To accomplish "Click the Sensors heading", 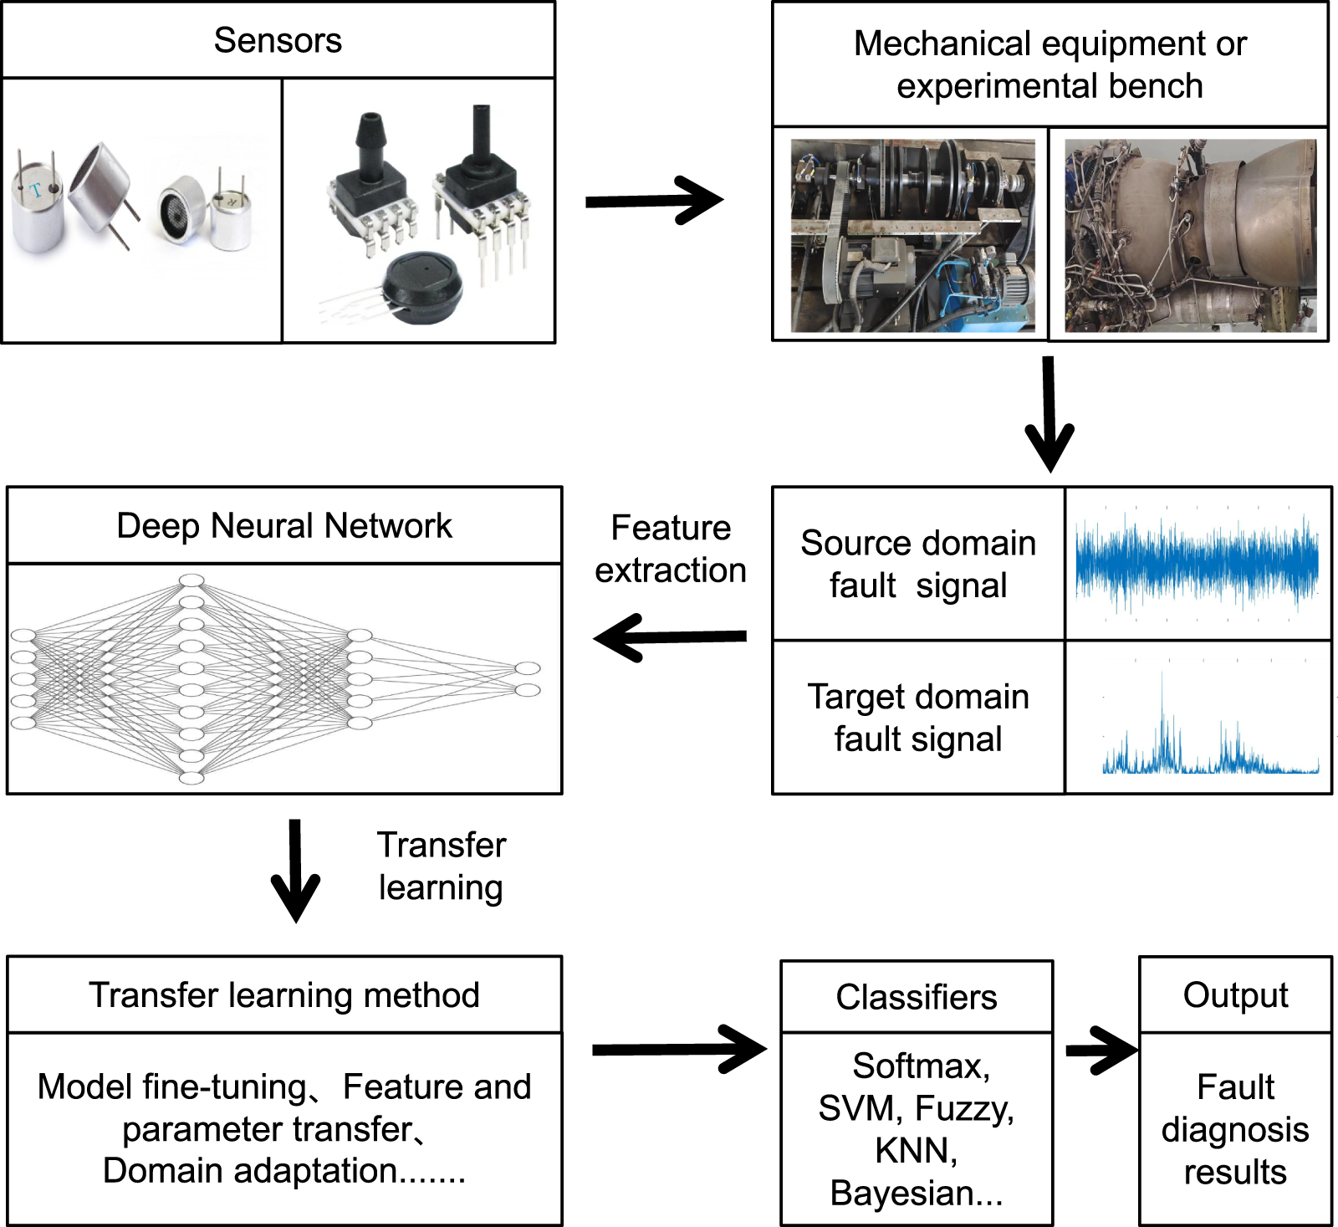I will tap(278, 40).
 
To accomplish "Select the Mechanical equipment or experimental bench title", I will tap(1049, 64).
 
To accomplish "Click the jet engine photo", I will tap(1190, 235).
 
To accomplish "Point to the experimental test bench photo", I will tap(912, 235).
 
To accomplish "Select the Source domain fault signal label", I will tap(917, 564).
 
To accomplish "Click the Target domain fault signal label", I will tap(917, 718).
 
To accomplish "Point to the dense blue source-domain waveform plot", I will tap(1197, 562).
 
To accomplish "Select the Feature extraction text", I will tap(670, 549).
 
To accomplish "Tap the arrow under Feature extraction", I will tap(670, 637).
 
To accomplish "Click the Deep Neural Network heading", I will tap(283, 525).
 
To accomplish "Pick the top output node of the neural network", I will tap(527, 668).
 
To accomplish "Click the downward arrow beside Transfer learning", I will tap(295, 871).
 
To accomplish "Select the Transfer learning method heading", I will tap(283, 995).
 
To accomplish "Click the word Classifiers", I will tap(916, 997).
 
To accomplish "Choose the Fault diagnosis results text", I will tap(1234, 1129).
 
